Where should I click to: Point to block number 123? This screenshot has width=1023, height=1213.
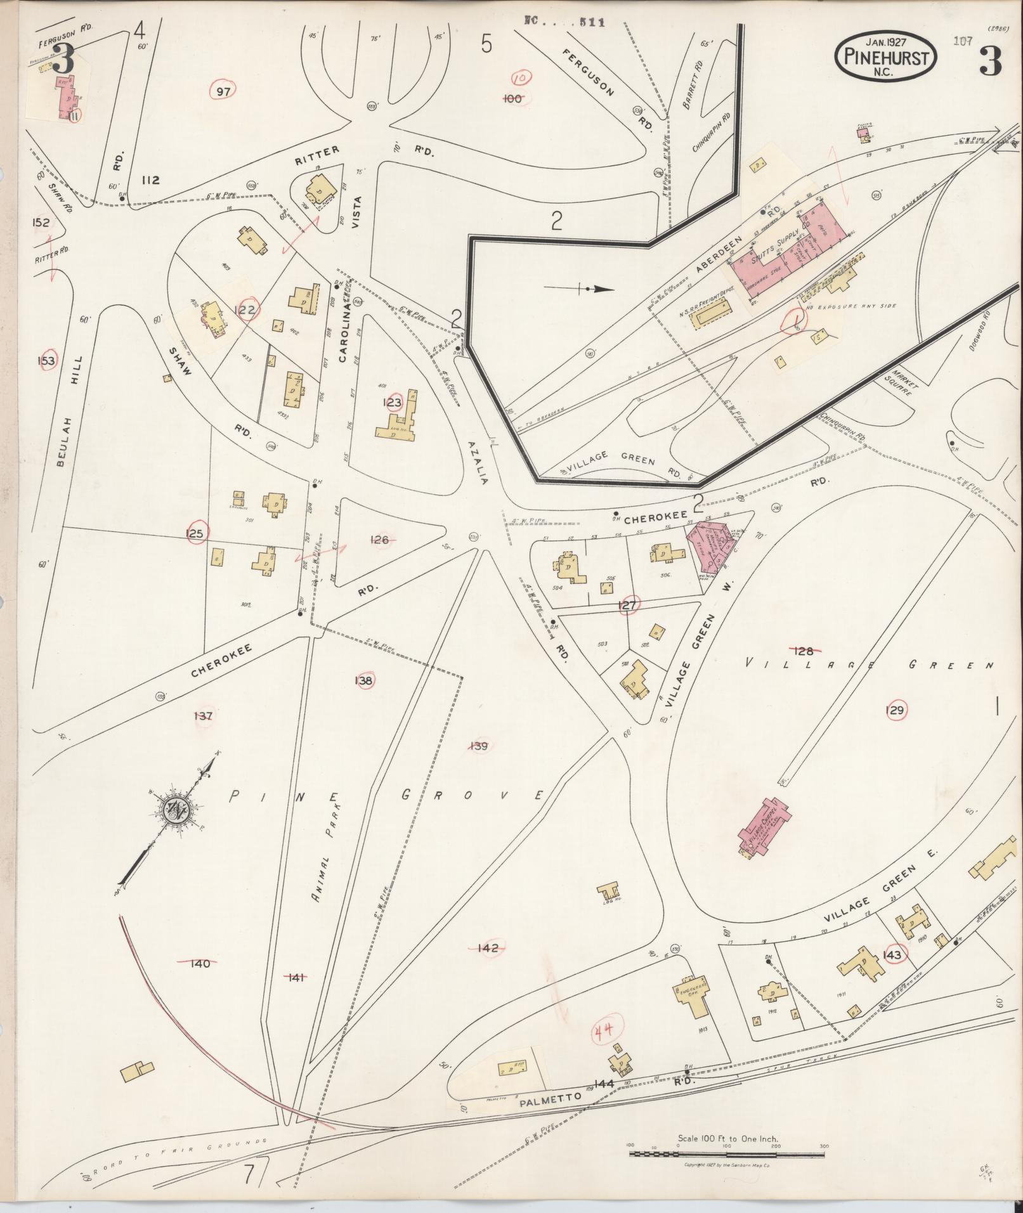393,402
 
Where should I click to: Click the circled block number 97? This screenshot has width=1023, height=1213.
223,91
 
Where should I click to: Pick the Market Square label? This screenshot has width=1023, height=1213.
902,381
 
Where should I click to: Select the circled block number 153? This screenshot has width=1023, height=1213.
46,361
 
